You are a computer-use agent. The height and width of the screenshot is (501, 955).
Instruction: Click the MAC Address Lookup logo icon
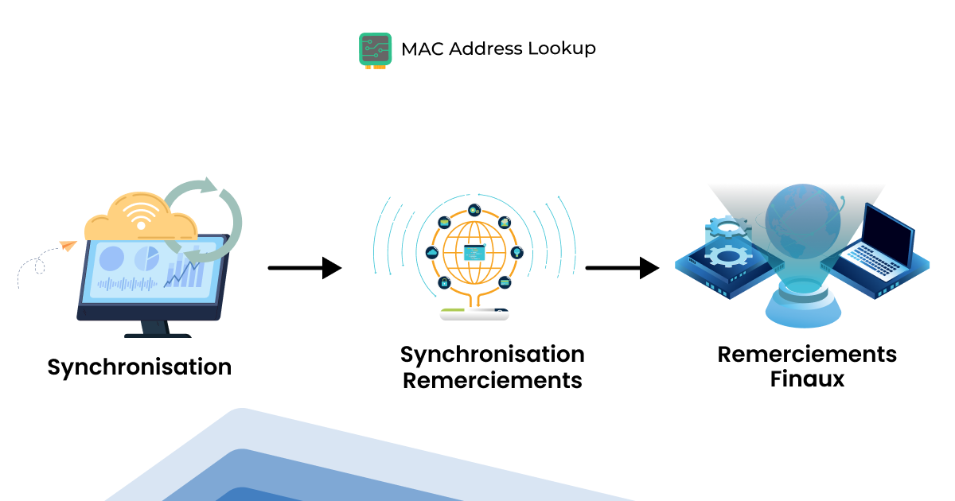[x=375, y=49]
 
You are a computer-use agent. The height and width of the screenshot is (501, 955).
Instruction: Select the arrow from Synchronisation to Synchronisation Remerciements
[x=305, y=268]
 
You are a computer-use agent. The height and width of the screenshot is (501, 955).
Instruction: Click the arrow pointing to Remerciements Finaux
[x=622, y=268]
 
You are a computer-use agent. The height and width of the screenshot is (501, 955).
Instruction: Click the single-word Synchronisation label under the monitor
[x=139, y=367]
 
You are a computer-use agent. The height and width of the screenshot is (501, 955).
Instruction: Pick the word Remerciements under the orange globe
[x=492, y=380]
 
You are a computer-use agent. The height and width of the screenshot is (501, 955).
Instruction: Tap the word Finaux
[x=806, y=379]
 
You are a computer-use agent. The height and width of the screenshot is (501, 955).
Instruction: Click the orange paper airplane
[x=67, y=246]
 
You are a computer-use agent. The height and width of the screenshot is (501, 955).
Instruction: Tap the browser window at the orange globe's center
[x=474, y=254]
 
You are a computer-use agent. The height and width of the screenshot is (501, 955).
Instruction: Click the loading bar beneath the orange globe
[x=474, y=315]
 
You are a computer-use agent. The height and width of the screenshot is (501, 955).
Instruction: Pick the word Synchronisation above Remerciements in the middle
[x=492, y=354]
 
